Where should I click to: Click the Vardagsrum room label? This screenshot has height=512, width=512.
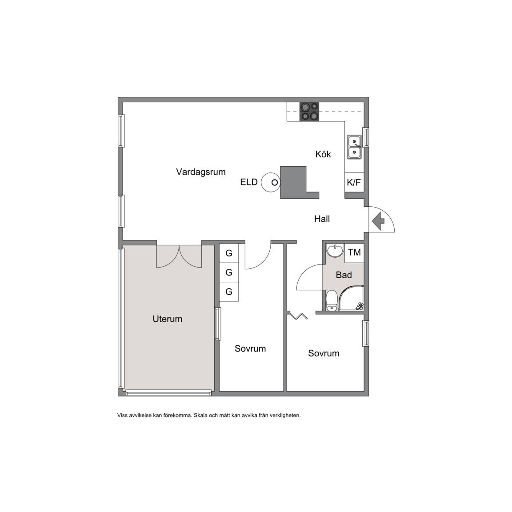(x=201, y=172)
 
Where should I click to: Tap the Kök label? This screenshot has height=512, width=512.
(x=323, y=154)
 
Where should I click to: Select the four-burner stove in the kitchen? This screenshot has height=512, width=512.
(x=309, y=112)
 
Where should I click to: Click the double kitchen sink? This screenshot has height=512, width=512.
(x=354, y=147)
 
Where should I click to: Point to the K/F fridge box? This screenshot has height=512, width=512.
(x=354, y=182)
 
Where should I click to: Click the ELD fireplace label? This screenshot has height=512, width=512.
(x=249, y=182)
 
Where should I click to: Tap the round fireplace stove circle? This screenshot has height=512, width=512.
(x=271, y=182)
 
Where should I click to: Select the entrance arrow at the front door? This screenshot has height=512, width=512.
(x=378, y=221)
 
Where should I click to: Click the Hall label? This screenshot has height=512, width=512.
(x=322, y=219)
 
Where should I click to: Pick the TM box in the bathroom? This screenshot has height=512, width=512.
(x=354, y=253)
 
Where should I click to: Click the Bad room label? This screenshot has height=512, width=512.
(x=344, y=275)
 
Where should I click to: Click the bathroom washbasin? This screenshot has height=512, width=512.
(x=335, y=251)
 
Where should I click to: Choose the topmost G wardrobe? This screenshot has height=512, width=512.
(x=229, y=253)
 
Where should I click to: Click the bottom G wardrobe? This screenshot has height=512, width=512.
(x=229, y=292)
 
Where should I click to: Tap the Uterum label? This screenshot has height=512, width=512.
(x=168, y=319)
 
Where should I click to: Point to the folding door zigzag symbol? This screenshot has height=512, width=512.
(x=298, y=316)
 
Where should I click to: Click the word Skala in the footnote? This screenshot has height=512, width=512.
(x=201, y=416)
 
